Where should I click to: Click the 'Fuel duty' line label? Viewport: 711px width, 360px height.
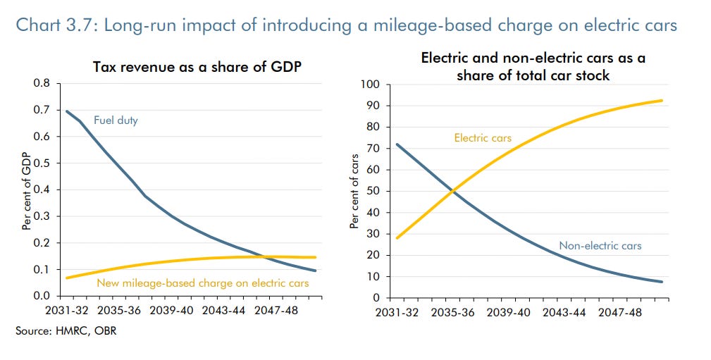click(116, 120)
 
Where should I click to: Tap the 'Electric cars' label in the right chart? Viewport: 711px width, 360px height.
click(483, 138)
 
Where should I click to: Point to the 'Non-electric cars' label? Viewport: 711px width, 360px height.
click(600, 246)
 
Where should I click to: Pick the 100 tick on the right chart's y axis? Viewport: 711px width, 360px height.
click(370, 85)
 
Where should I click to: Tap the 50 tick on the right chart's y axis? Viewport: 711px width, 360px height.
click(373, 191)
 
